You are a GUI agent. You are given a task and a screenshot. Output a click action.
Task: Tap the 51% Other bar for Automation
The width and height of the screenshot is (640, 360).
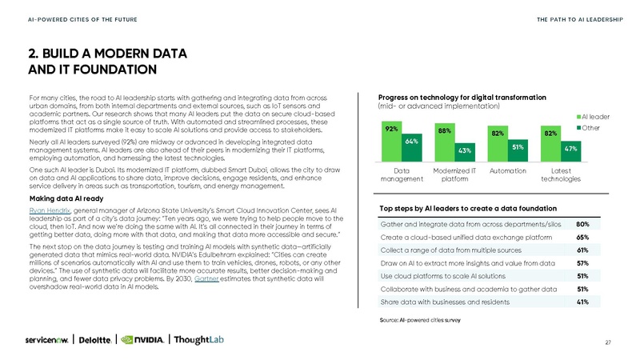point(518,147)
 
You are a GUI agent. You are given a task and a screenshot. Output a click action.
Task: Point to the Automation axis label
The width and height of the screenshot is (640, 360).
point(507,170)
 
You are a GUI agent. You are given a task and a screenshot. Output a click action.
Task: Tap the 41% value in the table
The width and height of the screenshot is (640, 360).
point(583,302)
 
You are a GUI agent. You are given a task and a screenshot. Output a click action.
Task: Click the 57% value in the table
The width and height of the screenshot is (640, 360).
point(583,263)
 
